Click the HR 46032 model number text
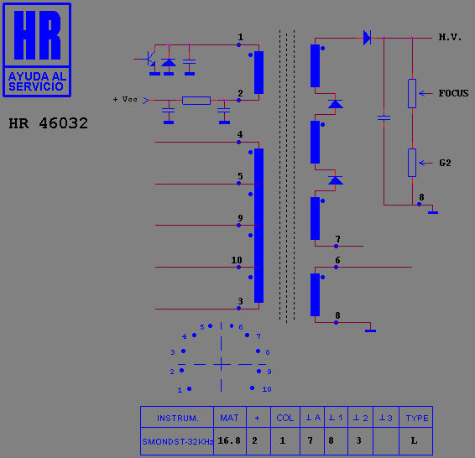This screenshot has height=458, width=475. (x=49, y=123)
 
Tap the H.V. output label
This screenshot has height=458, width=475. (x=450, y=37)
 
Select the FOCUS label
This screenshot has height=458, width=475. (x=453, y=93)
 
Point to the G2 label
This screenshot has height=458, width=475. (x=445, y=164)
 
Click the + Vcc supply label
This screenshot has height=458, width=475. (x=125, y=99)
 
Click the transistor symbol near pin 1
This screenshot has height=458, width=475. (x=150, y=59)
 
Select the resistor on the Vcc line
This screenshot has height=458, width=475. (x=196, y=101)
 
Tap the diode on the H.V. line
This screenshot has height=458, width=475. (x=367, y=38)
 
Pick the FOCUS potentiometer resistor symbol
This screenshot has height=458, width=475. (x=412, y=94)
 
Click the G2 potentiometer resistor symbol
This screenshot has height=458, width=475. (x=412, y=163)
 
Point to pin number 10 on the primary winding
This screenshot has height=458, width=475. (x=237, y=260)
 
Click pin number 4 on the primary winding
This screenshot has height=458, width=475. (x=240, y=134)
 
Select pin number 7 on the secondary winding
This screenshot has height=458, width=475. (x=337, y=239)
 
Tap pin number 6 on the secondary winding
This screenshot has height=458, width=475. (x=337, y=260)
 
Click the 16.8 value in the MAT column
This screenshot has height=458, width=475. (x=229, y=440)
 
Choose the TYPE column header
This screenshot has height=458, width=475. (x=417, y=419)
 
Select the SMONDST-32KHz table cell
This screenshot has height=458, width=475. (x=178, y=442)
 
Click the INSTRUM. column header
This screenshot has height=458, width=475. (x=178, y=419)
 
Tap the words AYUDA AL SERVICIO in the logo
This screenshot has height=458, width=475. (x=37, y=81)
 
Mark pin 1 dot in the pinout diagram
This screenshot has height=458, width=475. (x=190, y=388)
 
